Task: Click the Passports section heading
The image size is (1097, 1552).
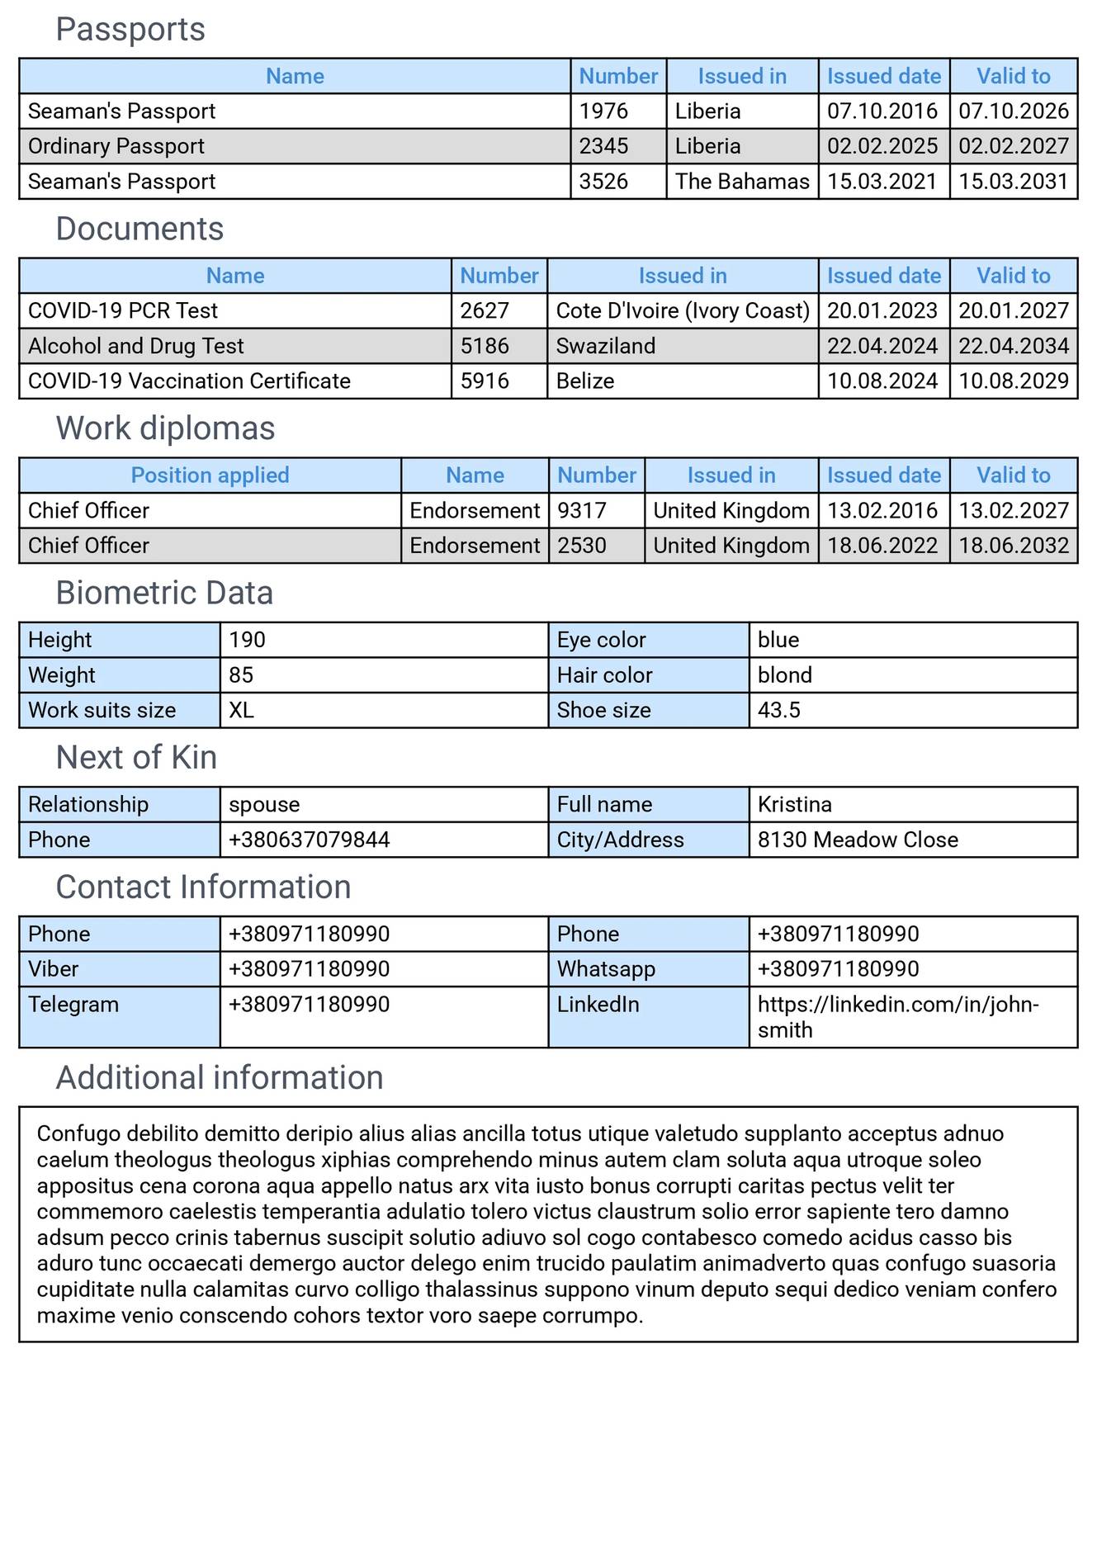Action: click(x=130, y=30)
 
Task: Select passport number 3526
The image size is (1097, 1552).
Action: click(x=603, y=182)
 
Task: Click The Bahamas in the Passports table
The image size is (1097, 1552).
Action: click(x=741, y=182)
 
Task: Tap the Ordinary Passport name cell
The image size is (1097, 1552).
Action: click(x=116, y=146)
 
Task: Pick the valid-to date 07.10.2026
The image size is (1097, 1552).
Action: click(x=1013, y=111)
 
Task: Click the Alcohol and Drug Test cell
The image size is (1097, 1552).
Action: click(x=136, y=346)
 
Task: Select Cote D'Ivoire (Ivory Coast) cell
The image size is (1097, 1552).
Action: click(x=682, y=311)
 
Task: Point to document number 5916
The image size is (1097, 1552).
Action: click(x=485, y=381)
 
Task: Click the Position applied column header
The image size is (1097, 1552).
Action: click(x=210, y=476)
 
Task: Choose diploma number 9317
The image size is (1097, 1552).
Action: click(x=581, y=511)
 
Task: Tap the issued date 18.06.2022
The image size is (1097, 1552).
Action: click(x=882, y=546)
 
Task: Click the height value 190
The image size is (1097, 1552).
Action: click(x=247, y=640)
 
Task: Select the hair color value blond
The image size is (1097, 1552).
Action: click(x=784, y=675)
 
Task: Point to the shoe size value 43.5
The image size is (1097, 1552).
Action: click(x=778, y=710)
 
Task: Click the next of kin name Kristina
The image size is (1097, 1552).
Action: click(x=794, y=804)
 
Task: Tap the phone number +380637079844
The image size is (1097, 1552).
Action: click(x=309, y=840)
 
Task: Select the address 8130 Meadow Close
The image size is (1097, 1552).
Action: click(x=857, y=840)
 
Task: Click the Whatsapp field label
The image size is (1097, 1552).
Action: click(x=606, y=969)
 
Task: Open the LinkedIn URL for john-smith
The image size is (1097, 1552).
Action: click(x=897, y=1005)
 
